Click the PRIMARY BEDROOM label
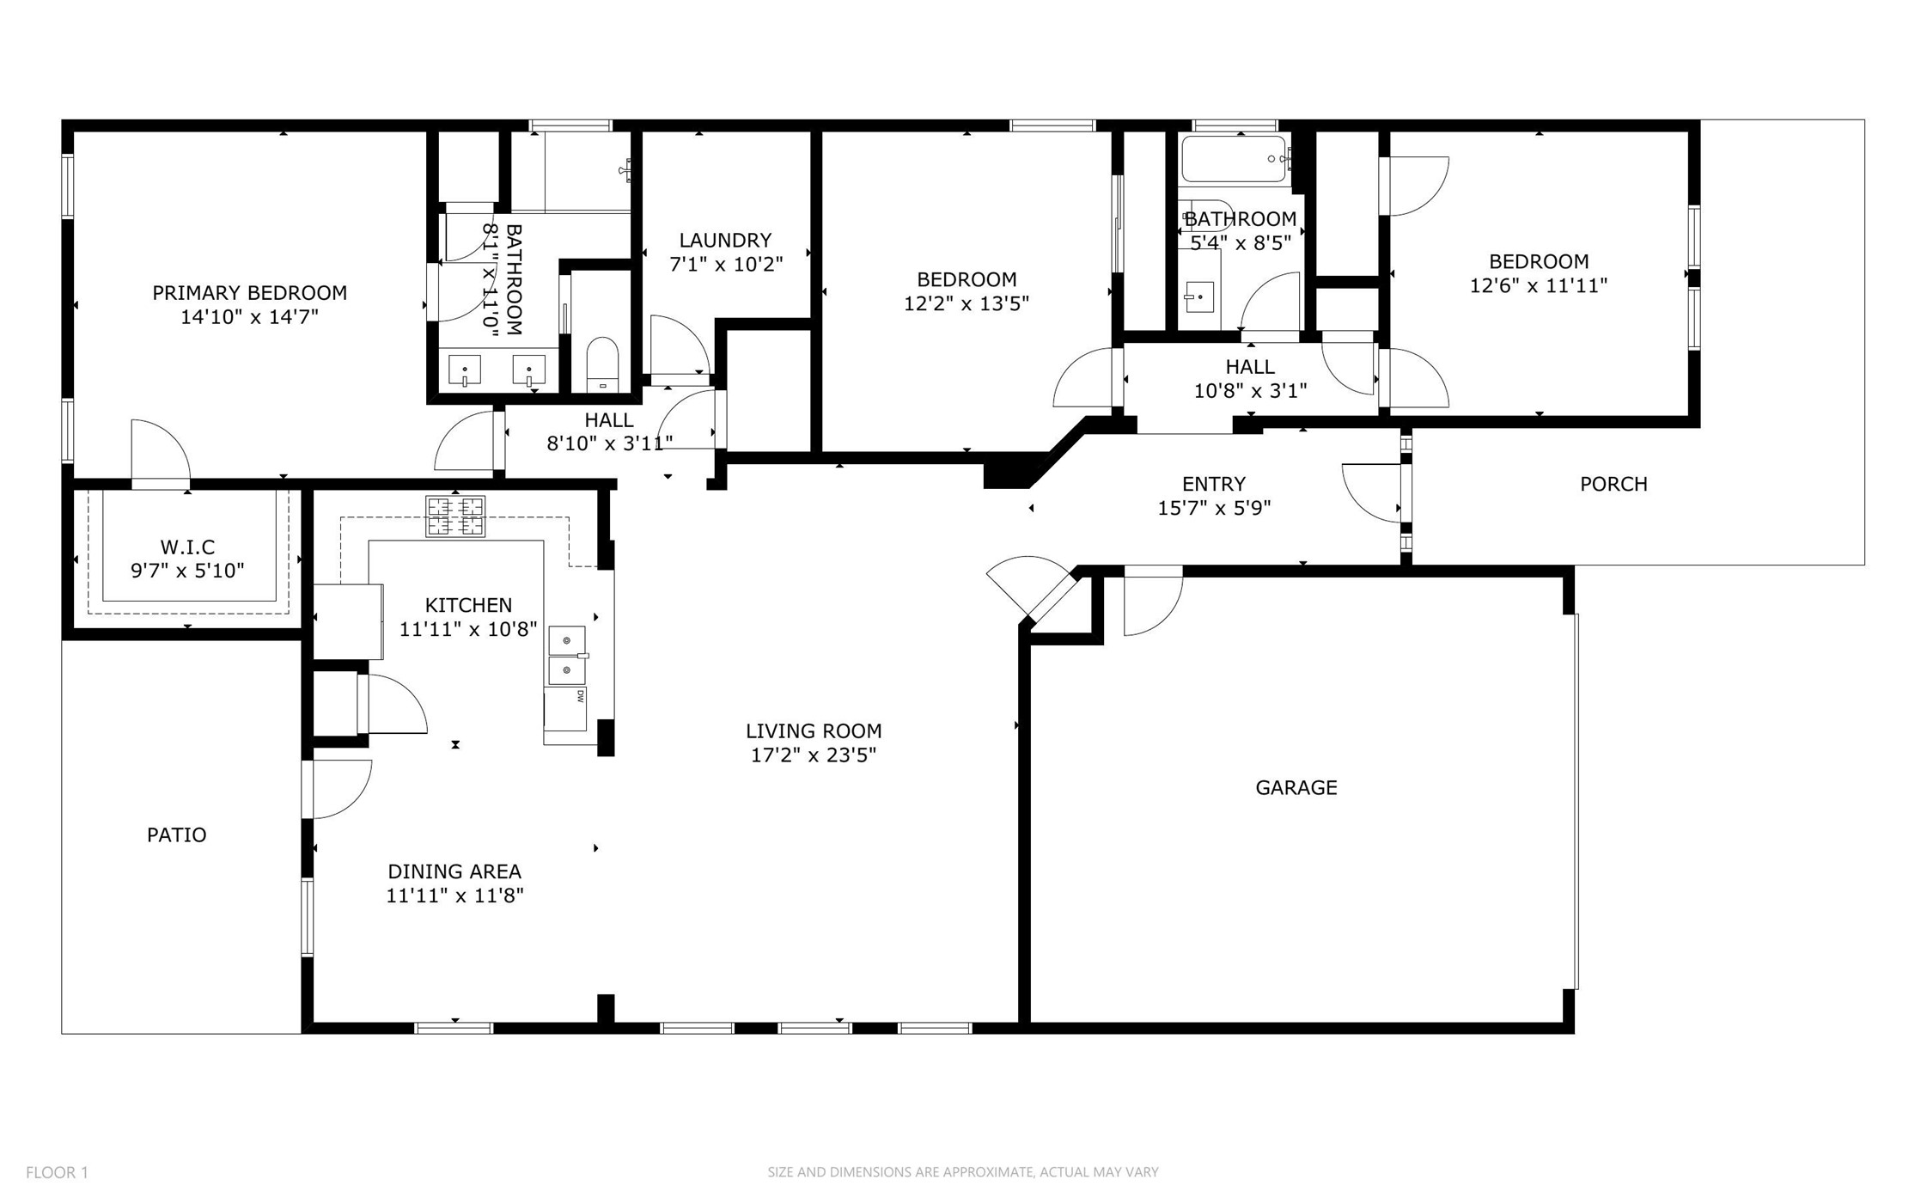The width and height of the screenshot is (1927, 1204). (x=249, y=293)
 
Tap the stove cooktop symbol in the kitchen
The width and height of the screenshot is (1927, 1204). (x=454, y=516)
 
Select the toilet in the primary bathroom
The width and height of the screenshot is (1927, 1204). (x=601, y=364)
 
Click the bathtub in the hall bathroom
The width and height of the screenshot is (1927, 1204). (x=1234, y=158)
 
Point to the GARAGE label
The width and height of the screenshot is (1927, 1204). (x=1296, y=787)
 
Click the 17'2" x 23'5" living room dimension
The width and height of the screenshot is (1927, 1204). (x=813, y=755)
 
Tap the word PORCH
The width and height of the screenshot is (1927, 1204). (x=1613, y=484)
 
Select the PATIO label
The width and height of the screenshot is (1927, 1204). (x=176, y=834)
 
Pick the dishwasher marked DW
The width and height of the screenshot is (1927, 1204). (x=566, y=708)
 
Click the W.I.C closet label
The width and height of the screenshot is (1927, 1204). (x=187, y=547)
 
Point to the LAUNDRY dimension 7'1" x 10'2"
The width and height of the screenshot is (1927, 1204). (x=725, y=264)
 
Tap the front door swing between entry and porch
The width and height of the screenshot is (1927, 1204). (x=1373, y=492)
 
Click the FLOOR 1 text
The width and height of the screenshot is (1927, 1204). (x=57, y=1172)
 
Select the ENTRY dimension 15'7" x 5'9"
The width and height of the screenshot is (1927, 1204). (x=1213, y=508)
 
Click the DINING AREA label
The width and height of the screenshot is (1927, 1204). (x=454, y=871)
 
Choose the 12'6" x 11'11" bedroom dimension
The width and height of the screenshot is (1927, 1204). (x=1538, y=285)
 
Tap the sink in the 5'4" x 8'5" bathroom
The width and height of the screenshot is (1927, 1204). (x=1198, y=297)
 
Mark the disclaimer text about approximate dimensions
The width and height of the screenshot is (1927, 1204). (x=962, y=1172)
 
